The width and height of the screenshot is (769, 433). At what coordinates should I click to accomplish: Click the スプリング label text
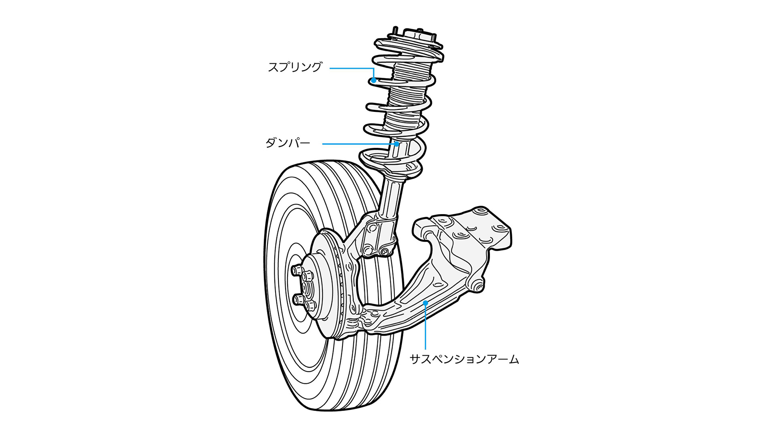coord(295,67)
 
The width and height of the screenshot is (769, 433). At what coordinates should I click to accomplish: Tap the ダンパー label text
coord(288,143)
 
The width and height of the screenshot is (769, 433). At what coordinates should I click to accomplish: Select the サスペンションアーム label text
coord(464,359)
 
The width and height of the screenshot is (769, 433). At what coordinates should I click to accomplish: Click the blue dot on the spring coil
coord(373,80)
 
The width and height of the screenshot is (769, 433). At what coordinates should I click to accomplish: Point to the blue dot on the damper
coord(397,144)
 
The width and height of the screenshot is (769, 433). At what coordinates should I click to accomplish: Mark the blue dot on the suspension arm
coord(425,303)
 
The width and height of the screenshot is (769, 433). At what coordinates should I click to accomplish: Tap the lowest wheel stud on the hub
coord(309,306)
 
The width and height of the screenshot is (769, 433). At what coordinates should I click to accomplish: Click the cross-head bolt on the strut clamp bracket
coord(385,252)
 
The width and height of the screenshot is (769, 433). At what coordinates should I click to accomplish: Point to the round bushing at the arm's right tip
coord(477,286)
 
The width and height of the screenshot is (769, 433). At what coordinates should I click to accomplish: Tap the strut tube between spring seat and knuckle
coord(391,196)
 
